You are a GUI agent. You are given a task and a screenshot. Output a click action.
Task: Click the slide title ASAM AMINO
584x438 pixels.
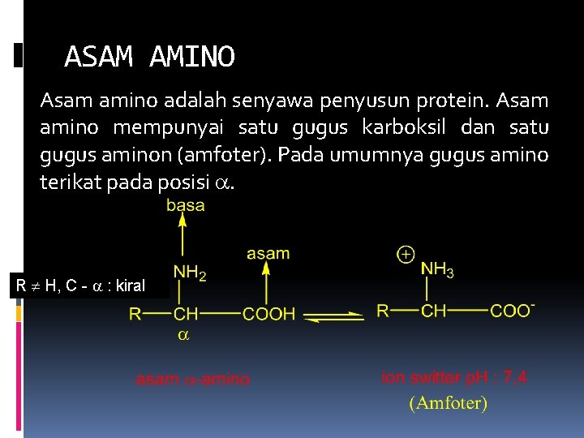pyautogui.click(x=149, y=57)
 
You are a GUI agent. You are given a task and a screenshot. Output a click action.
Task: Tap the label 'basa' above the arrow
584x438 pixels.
pyautogui.click(x=185, y=206)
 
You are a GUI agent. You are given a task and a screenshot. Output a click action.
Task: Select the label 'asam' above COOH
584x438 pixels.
pyautogui.click(x=267, y=253)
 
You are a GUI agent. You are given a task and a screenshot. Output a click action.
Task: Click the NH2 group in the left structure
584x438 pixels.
pyautogui.click(x=189, y=275)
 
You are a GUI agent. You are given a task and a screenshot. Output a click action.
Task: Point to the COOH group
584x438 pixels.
pyautogui.click(x=270, y=314)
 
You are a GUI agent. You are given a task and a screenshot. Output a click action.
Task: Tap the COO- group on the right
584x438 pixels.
pyautogui.click(x=512, y=311)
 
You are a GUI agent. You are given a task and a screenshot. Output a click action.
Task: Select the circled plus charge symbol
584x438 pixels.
pyautogui.click(x=406, y=255)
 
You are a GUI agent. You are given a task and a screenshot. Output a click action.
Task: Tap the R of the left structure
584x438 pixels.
pyautogui.click(x=135, y=314)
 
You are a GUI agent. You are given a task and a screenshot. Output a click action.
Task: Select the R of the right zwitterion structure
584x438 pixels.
pyautogui.click(x=382, y=311)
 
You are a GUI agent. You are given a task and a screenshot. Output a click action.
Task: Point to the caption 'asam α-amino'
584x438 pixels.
pyautogui.click(x=193, y=379)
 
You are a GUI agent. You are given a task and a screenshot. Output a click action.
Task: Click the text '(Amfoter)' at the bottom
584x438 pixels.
pyautogui.click(x=449, y=402)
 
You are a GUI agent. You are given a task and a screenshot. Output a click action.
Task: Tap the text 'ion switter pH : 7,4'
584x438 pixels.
pyautogui.click(x=454, y=377)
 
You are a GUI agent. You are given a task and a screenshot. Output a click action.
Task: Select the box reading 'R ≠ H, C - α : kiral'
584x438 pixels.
pyautogui.click(x=80, y=286)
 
